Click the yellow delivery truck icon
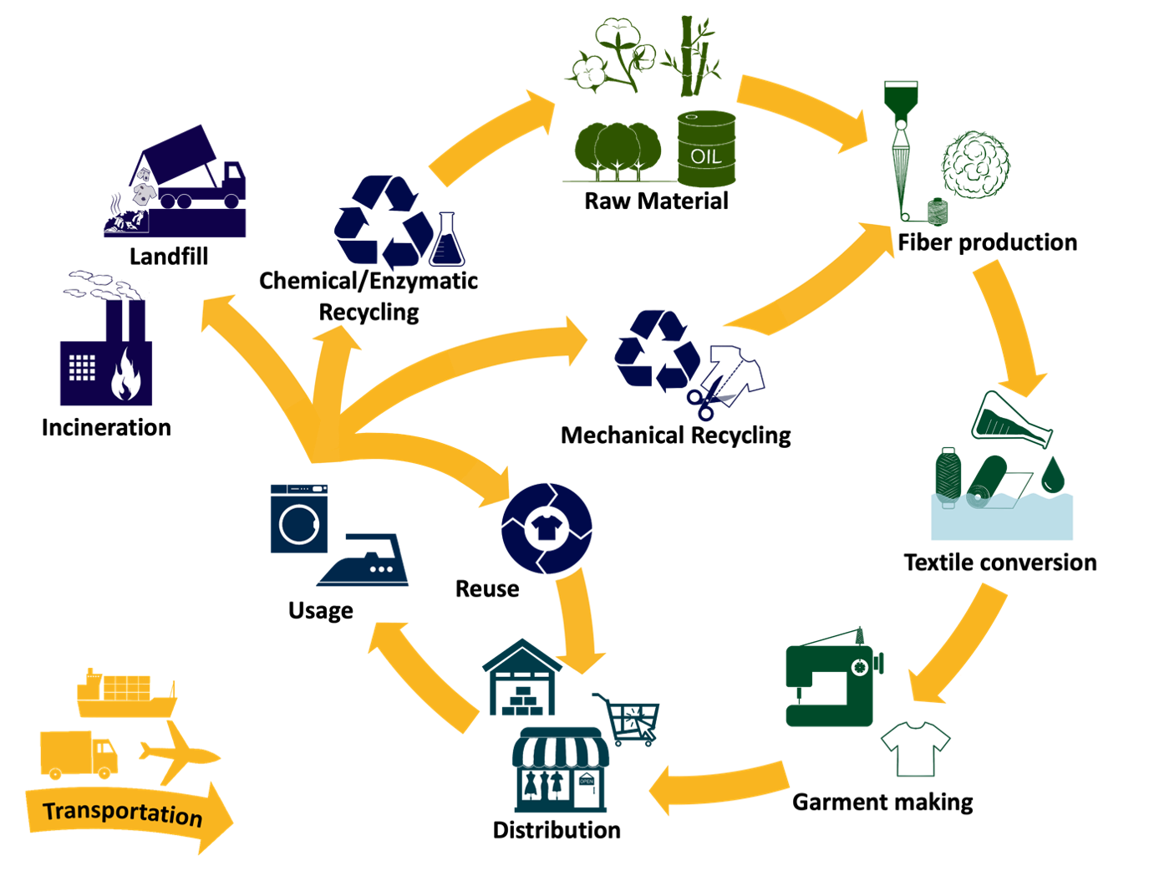point(78,754)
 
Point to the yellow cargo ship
point(125,694)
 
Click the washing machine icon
point(299,518)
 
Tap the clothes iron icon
point(368,563)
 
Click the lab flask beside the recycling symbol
point(446,242)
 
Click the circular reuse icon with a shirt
point(547,528)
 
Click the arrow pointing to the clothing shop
point(719,786)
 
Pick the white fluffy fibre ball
point(975,165)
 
